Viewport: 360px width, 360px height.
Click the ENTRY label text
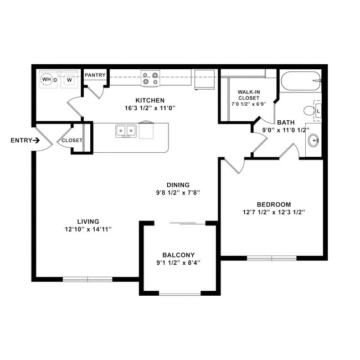21,140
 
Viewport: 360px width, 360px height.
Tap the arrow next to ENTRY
37,140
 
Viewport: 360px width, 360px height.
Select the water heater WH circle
47,80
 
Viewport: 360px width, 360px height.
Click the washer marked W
69,80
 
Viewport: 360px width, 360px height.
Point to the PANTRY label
95,75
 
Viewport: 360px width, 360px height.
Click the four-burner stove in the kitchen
150,78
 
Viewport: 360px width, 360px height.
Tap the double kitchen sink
126,131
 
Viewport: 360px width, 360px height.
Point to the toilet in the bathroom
311,110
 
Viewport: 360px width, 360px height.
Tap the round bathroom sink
313,141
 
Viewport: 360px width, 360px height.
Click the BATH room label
286,122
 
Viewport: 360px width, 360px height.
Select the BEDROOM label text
274,204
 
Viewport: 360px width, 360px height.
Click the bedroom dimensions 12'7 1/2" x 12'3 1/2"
274,212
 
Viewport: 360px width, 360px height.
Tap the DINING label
178,185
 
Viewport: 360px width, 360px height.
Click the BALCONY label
178,255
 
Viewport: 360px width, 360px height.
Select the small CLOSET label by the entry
72,141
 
